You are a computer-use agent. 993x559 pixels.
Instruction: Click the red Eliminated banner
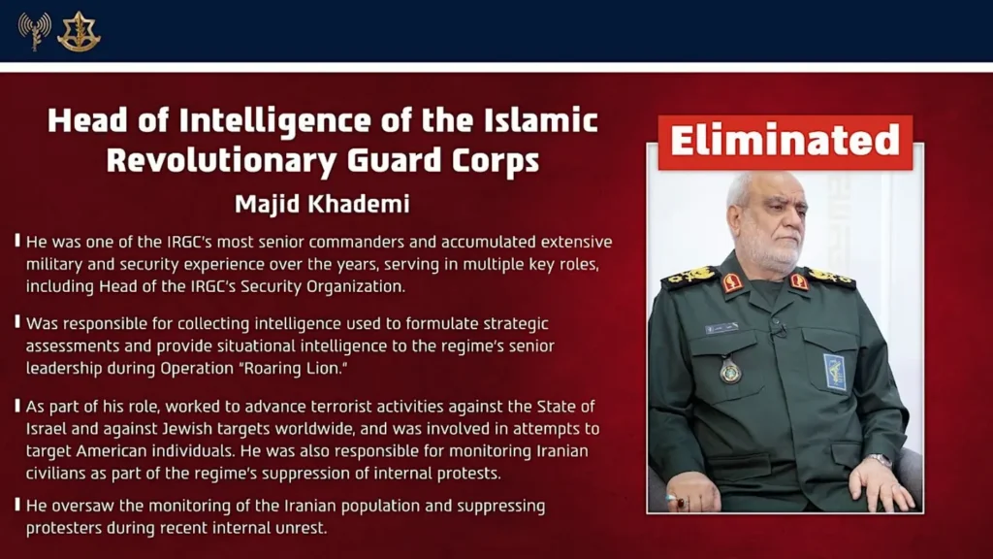click(785, 142)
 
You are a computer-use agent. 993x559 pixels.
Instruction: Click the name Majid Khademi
click(323, 205)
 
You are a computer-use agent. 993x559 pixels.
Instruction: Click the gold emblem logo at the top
click(79, 31)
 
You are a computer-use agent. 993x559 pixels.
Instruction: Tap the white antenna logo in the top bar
click(34, 31)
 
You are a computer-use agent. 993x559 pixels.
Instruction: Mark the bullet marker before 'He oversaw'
click(17, 505)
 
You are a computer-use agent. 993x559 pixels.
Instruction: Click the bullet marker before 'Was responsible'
click(17, 321)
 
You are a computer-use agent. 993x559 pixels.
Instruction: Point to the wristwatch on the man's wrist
click(880, 460)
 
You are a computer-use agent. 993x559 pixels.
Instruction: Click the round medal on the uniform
click(730, 371)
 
